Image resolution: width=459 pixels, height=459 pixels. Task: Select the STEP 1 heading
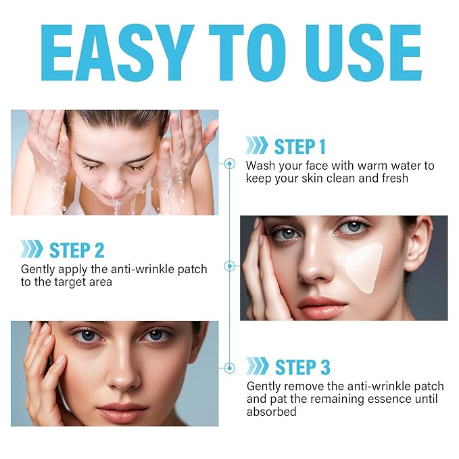299,146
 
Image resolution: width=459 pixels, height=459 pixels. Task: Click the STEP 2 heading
76,249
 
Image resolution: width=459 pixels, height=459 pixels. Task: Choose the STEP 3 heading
301,367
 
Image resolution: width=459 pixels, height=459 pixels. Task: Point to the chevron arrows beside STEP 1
256,146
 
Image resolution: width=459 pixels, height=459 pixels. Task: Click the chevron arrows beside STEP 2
32,249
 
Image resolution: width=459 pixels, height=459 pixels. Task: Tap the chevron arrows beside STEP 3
257,367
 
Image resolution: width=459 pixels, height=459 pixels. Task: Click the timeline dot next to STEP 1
229,163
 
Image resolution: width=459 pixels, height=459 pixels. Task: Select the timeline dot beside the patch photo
229,266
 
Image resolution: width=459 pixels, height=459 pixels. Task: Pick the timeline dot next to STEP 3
229,368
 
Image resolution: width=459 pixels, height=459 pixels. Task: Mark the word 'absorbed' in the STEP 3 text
272,411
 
